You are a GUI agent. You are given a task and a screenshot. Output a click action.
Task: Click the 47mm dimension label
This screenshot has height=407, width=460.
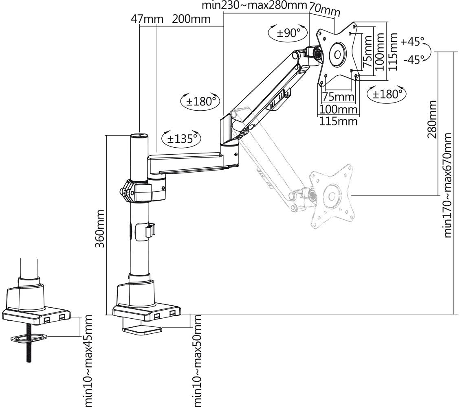[x=147, y=19]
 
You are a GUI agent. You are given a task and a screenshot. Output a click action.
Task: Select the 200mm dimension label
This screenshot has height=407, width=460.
[x=191, y=19]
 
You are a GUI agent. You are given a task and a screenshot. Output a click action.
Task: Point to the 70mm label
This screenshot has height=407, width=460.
[x=325, y=10]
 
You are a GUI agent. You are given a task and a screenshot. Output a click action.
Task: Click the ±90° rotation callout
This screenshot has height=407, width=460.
[x=288, y=33]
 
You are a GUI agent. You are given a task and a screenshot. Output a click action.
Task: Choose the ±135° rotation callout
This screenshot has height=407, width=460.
[x=182, y=138]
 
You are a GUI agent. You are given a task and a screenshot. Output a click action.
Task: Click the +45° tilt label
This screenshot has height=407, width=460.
[x=412, y=42]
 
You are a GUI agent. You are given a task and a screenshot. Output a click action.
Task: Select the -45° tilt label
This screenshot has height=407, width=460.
[x=413, y=59]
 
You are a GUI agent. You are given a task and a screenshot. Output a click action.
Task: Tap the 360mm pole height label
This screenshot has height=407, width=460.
[x=101, y=228]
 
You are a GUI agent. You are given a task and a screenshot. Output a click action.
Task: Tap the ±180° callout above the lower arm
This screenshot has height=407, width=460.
[x=200, y=101]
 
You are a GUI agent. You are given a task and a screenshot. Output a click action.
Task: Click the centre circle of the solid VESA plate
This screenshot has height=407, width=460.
[x=337, y=54]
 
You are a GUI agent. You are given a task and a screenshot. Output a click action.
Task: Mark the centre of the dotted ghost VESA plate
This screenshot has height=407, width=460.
[x=331, y=197]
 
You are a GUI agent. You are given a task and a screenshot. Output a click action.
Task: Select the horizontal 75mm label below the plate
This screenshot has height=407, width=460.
[x=338, y=97]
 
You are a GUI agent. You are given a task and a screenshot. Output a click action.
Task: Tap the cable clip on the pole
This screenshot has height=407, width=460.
[x=150, y=230]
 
